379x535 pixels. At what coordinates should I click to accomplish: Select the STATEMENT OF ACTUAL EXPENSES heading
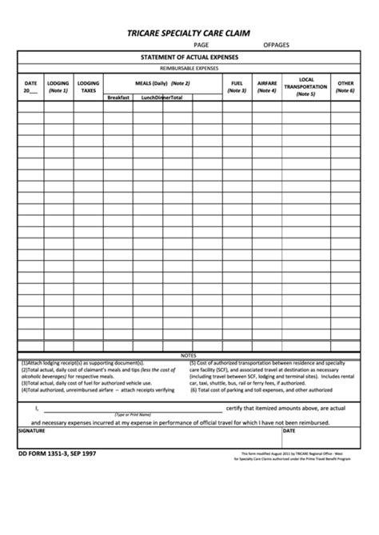pos(189,58)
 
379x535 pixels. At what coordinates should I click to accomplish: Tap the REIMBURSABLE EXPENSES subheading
pos(189,70)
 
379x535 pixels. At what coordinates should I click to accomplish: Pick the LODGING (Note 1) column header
pos(58,87)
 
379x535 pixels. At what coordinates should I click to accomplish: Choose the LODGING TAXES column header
pos(88,87)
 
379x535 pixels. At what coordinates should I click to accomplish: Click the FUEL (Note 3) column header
pos(237,87)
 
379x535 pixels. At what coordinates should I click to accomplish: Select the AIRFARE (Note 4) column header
pos(266,87)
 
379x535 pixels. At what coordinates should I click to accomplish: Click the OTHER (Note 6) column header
pos(345,87)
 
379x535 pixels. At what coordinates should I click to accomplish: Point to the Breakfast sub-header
pos(118,97)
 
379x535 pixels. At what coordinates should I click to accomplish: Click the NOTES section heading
pos(189,354)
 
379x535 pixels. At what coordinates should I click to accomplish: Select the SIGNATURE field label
pos(32,429)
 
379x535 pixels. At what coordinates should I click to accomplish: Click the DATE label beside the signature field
pos(289,429)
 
